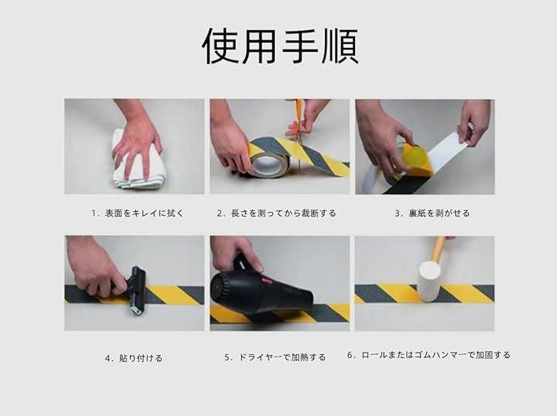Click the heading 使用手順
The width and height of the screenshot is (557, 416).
[280, 46]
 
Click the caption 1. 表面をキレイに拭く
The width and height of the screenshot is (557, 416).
[138, 213]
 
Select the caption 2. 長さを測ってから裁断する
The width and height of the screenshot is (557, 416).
[276, 213]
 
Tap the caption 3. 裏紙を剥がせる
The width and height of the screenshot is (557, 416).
[432, 213]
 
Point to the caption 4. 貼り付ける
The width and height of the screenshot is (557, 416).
[134, 359]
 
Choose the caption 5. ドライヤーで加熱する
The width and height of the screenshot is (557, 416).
[275, 357]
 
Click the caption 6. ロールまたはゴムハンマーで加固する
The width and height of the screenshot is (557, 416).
[429, 355]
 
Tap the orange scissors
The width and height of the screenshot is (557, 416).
[298, 121]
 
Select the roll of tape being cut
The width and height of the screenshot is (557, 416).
[266, 162]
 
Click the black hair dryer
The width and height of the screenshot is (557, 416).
[259, 288]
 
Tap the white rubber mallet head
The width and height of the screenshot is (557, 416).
[429, 281]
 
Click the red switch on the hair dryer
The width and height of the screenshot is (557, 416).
[265, 281]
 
